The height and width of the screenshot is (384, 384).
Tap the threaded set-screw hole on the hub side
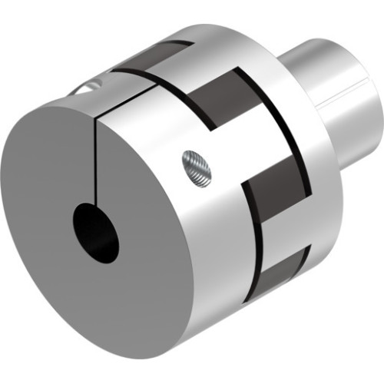[x=195, y=167]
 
